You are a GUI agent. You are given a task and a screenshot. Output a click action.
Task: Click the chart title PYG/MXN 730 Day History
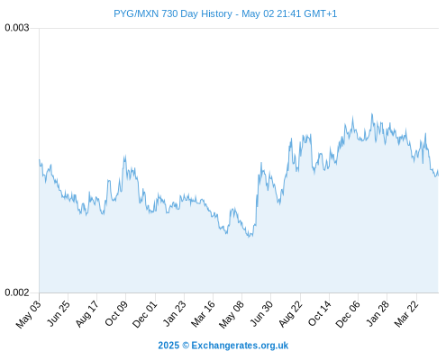pyautogui.click(x=173, y=13)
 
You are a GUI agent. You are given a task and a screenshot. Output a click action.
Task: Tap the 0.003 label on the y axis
pyautogui.click(x=17, y=28)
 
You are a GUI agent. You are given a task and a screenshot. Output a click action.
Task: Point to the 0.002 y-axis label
pyautogui.click(x=17, y=292)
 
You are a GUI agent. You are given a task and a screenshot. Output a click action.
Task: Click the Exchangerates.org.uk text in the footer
pyautogui.click(x=240, y=346)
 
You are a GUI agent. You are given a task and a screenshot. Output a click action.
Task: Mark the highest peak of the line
pyautogui.click(x=372, y=113)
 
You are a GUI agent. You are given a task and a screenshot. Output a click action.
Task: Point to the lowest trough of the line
pyautogui.click(x=249, y=237)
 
